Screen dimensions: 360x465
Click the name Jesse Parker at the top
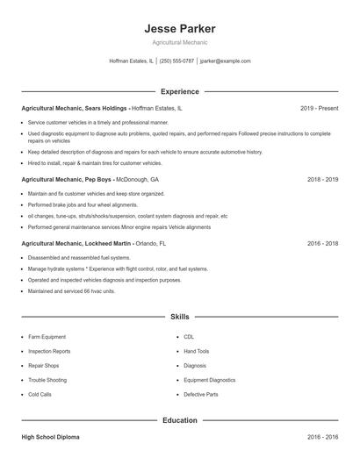[179, 28]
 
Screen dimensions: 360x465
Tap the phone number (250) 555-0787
[176, 61]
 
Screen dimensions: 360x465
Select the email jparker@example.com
[226, 61]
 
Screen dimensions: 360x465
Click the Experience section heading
[179, 91]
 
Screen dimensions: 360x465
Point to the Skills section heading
[179, 315]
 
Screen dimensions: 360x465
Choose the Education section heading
[179, 420]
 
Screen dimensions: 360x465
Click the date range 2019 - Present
[319, 108]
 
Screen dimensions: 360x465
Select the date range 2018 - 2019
[322, 179]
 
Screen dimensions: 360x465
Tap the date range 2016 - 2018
[322, 242]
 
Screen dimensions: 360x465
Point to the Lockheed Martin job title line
[94, 242]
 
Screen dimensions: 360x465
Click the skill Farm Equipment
[48, 337]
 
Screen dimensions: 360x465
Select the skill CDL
[189, 337]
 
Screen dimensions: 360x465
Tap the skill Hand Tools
[197, 351]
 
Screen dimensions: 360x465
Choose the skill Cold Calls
[40, 394]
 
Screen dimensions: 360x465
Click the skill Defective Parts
[200, 394]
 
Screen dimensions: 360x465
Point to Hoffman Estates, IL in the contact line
[130, 61]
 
